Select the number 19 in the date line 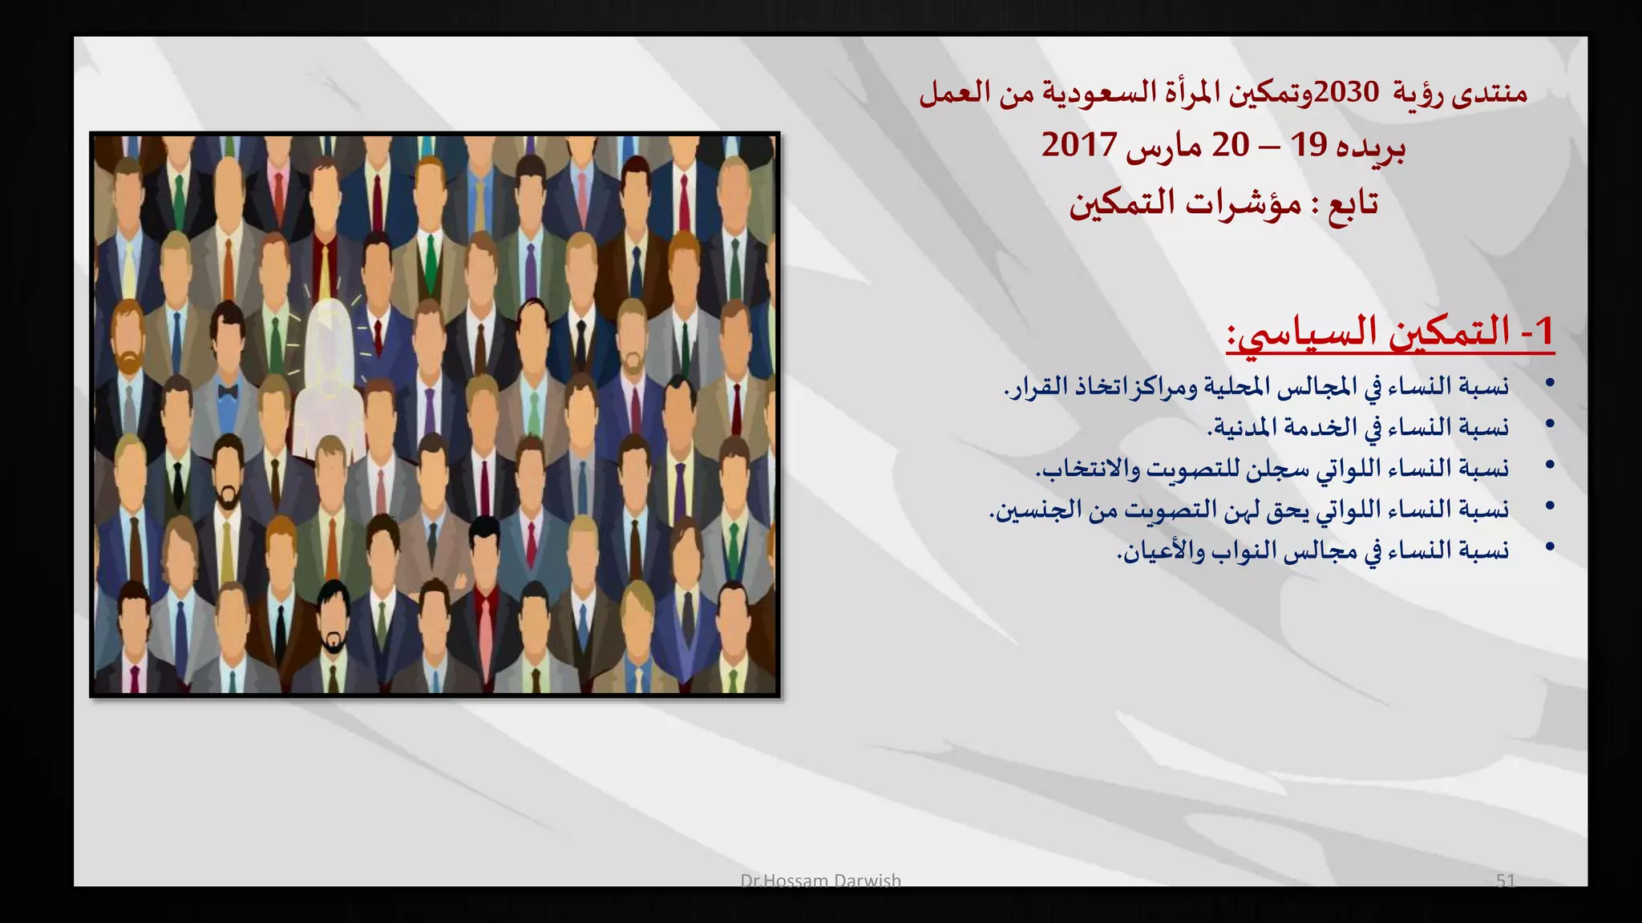pos(1310,145)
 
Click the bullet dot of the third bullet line pos(1550,465)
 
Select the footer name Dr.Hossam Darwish pos(820,881)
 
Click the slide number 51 pos(1505,881)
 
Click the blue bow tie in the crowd pos(228,393)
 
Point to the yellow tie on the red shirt pos(325,276)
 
